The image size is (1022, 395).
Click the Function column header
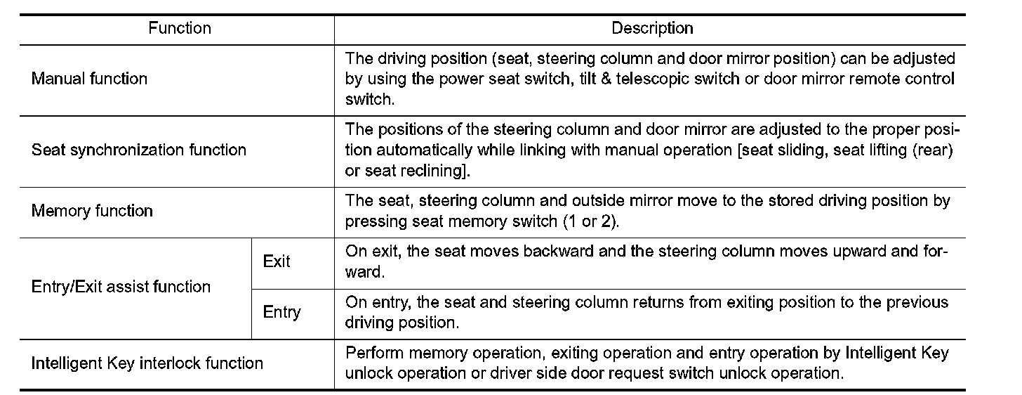180,29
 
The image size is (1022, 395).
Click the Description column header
652,29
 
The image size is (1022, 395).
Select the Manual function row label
89,79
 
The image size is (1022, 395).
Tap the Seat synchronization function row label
139,150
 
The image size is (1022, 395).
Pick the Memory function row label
92,211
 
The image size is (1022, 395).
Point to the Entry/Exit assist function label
121,287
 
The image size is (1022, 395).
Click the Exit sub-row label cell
277,261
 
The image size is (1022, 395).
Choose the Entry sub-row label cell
281,312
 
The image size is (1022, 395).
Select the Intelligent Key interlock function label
147,363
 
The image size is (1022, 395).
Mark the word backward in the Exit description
560,251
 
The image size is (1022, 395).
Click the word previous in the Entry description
912,302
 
